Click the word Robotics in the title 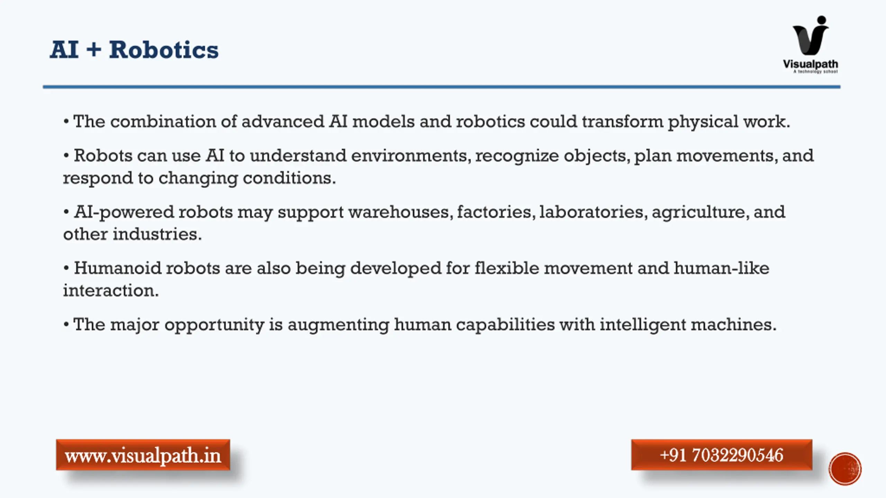[x=164, y=50]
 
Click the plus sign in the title [x=94, y=49]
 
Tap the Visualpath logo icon [x=811, y=35]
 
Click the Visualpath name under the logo [x=811, y=64]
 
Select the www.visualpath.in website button [x=143, y=455]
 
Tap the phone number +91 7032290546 [x=722, y=455]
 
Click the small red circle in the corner [x=845, y=469]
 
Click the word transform [x=622, y=121]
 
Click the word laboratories [x=593, y=212]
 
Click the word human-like [x=721, y=268]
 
